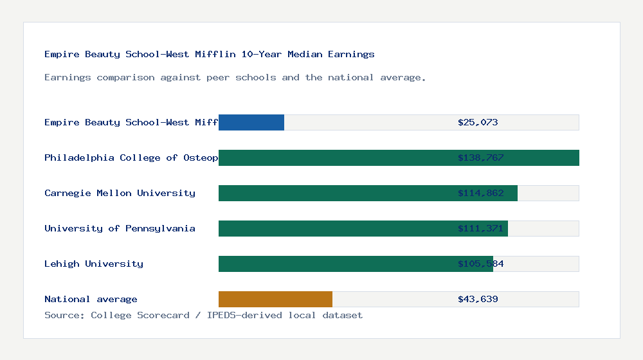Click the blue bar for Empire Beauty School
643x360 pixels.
(x=251, y=122)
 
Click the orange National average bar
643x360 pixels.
(x=275, y=299)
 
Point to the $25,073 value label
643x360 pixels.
(x=478, y=122)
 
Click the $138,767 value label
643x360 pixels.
(x=480, y=157)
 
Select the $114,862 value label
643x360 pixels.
(x=480, y=193)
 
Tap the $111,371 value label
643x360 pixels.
(x=480, y=228)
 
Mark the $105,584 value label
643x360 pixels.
(x=480, y=264)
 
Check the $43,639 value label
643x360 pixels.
(x=478, y=299)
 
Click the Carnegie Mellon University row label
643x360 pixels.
(x=120, y=193)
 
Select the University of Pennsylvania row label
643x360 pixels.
(x=120, y=228)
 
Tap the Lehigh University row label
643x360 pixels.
(x=94, y=264)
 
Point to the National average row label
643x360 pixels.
(x=91, y=299)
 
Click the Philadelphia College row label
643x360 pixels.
(x=131, y=157)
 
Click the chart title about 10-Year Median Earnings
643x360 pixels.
(x=210, y=55)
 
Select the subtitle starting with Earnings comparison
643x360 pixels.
(x=235, y=78)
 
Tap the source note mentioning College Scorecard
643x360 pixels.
(x=203, y=315)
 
